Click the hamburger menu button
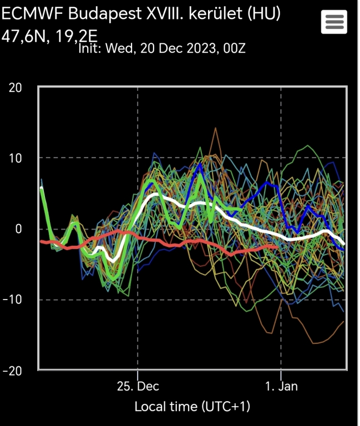[334, 22]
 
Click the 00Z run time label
[232, 48]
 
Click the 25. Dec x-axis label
[138, 386]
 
